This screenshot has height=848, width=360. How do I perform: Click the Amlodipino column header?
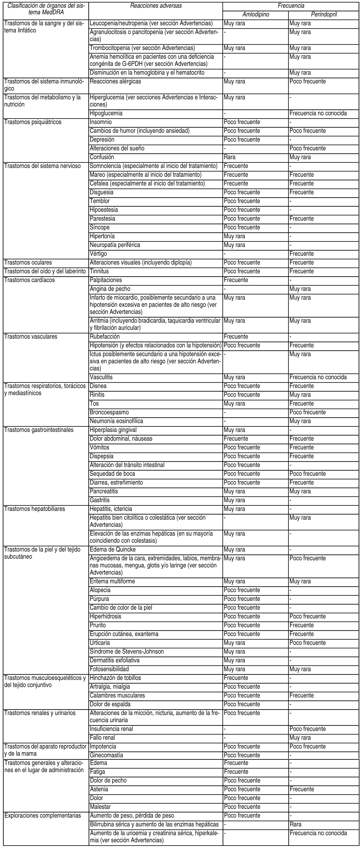tap(255, 15)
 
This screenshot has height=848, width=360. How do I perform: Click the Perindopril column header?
tap(323, 15)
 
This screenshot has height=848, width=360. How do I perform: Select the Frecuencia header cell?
tap(291, 6)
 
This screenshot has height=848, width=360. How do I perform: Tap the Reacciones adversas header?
tap(156, 6)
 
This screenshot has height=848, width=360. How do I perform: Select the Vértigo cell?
tap(98, 254)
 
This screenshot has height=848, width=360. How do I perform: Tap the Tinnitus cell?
tap(99, 272)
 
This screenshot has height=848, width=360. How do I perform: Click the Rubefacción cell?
tap(105, 337)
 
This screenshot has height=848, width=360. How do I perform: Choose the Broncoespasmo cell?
tap(109, 412)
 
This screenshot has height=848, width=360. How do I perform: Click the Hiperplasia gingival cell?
tap(113, 430)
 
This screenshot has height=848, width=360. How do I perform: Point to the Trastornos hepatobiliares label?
tap(34, 509)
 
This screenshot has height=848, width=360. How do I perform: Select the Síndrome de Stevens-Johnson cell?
tap(127, 652)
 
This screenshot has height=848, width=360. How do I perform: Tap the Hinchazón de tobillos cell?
tap(115, 678)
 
